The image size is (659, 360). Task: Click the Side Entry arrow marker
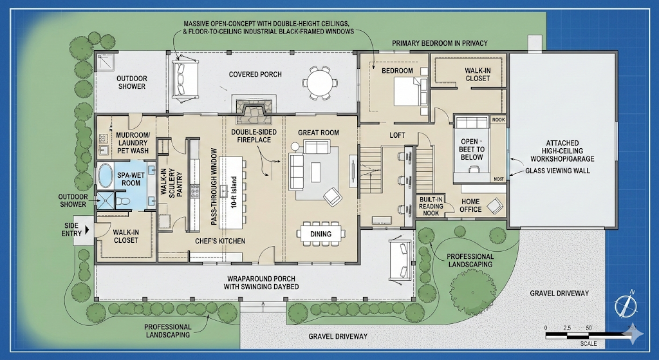(x=88, y=230)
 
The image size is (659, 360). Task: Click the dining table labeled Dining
(x=321, y=234)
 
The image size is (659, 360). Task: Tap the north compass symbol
(x=624, y=303)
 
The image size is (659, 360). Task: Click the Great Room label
(x=319, y=133)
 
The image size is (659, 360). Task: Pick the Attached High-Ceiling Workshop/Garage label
(x=562, y=151)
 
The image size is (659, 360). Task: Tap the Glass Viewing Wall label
(x=558, y=171)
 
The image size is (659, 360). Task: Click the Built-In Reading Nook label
(x=431, y=206)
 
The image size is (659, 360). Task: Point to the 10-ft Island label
(x=234, y=192)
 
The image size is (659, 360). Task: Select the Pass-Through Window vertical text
(x=214, y=186)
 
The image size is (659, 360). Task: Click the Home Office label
(x=470, y=205)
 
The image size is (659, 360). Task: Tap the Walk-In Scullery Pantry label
(x=171, y=183)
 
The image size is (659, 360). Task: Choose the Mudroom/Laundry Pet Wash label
(x=133, y=143)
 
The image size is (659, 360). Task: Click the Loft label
(x=397, y=135)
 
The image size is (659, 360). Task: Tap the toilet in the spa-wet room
(x=123, y=200)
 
